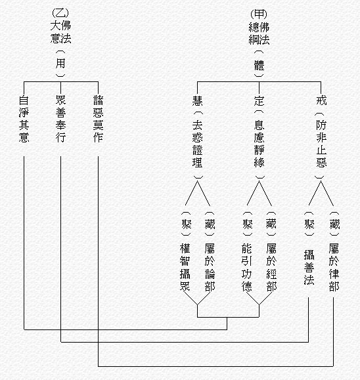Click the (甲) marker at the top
259,14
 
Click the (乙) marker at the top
60,13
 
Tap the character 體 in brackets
259,66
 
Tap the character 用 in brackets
60,64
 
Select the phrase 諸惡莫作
99,119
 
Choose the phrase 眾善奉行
60,119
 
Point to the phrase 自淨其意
24,119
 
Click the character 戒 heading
321,100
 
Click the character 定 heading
259,100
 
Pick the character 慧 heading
198,100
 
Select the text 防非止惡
321,144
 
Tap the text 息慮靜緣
259,144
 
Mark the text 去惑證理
198,144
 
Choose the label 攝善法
309,267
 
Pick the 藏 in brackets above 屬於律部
334,224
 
